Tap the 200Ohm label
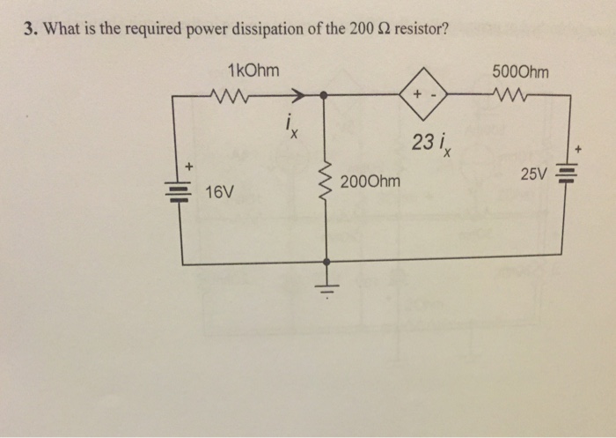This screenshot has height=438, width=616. (x=370, y=182)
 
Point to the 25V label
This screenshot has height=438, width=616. (x=533, y=175)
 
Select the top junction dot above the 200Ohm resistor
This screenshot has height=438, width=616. (x=326, y=93)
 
